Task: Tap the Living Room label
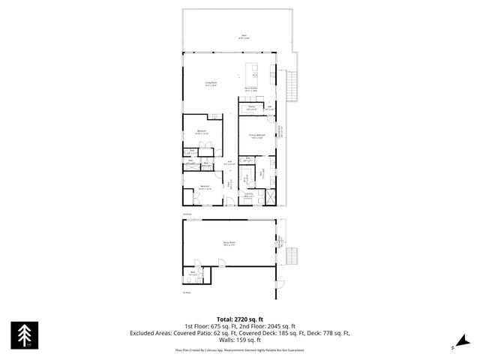click(x=211, y=84)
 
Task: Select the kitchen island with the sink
click(x=254, y=73)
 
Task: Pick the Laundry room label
click(x=248, y=195)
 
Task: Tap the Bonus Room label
click(x=229, y=243)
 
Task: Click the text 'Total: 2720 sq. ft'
click(x=239, y=319)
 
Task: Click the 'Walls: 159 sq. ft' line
click(x=239, y=340)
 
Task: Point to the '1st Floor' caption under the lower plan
click(x=186, y=292)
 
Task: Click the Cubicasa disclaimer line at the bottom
click(x=239, y=349)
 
